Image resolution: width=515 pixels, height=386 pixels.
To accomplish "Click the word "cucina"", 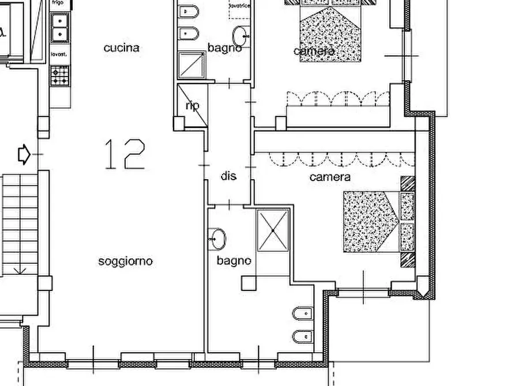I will click(121, 48).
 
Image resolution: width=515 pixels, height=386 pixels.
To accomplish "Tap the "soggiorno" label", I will click(125, 261).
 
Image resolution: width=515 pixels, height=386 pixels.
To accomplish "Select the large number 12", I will click(125, 154).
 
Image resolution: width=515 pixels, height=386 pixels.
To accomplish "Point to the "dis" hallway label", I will click(229, 176).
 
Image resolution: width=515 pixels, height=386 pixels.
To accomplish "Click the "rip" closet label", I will click(191, 106).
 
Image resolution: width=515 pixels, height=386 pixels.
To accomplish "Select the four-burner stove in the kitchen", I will click(60, 75).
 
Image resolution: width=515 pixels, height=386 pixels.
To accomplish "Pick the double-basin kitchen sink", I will click(60, 28).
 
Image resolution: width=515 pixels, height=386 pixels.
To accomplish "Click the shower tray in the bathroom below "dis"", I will click(273, 230).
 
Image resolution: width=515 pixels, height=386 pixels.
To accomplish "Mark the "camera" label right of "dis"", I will click(330, 177).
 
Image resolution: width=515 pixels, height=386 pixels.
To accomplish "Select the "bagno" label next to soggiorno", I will click(234, 260).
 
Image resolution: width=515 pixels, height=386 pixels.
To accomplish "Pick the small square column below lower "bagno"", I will click(249, 282).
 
